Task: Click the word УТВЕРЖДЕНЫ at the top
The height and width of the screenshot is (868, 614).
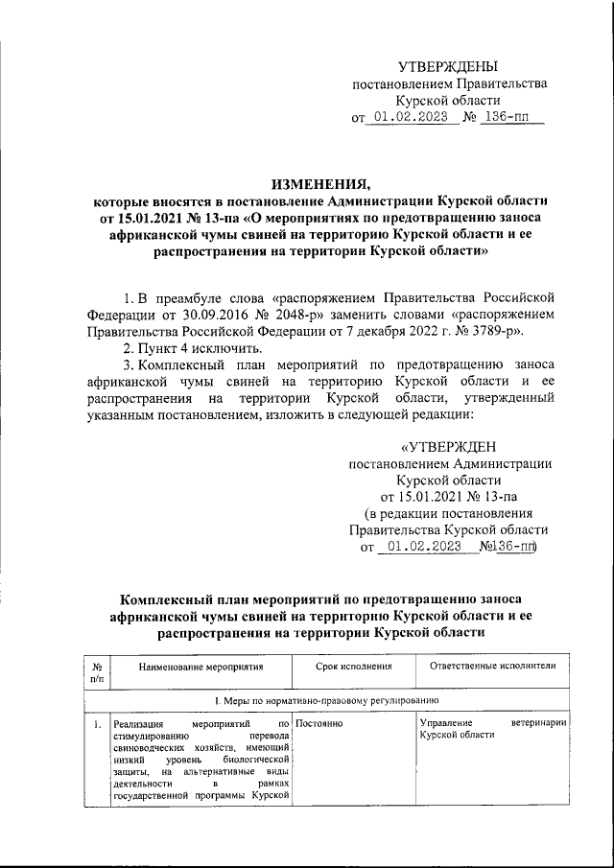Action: (x=449, y=66)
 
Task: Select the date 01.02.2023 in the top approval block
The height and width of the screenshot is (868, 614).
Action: (x=415, y=119)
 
